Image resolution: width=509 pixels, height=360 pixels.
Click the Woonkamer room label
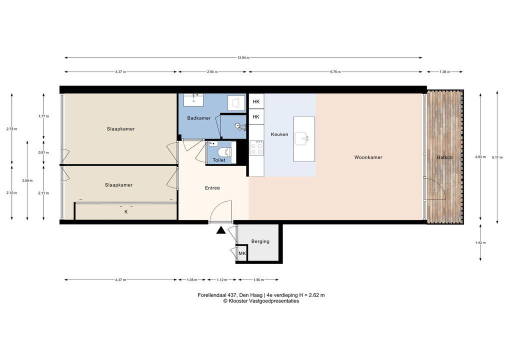click(368, 157)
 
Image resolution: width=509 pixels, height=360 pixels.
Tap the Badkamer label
click(198, 118)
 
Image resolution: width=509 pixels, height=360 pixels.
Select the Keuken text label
click(279, 134)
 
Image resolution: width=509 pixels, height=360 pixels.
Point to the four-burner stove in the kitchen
click(256, 148)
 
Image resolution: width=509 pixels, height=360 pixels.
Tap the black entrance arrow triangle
click(220, 230)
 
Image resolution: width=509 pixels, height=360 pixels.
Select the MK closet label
click(242, 253)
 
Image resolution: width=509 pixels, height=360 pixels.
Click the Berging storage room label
click(260, 241)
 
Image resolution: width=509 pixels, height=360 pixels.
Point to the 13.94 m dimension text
click(243, 58)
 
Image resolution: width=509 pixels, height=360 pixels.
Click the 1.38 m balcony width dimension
click(444, 71)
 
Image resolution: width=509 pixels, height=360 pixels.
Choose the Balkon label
click(444, 157)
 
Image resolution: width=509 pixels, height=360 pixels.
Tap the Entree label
click(212, 188)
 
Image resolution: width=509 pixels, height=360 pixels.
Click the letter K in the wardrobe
click(126, 212)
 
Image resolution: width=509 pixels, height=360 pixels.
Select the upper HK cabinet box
click(256, 101)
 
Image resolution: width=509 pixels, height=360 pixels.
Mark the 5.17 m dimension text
click(497, 157)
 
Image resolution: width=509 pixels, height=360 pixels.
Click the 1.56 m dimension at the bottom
click(258, 279)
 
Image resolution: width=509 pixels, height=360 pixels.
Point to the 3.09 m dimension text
click(27, 181)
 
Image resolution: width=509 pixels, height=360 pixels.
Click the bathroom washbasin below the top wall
click(194, 100)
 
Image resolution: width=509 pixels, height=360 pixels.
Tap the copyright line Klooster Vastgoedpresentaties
click(261, 301)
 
